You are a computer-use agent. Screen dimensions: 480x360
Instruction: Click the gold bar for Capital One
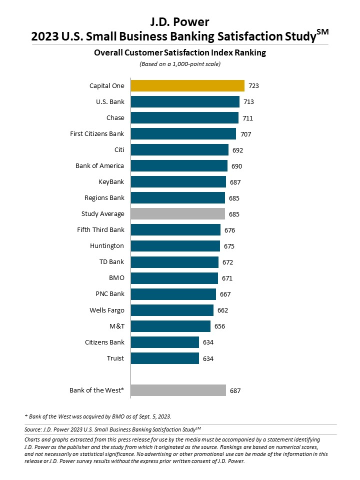[187, 85]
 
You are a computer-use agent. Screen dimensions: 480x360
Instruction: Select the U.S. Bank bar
[185, 102]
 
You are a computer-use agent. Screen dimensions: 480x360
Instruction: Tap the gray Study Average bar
[177, 214]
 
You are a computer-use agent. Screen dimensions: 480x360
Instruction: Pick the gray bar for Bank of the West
[178, 390]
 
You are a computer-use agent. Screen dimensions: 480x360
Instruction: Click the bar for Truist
[164, 358]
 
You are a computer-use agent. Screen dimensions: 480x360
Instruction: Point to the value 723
[253, 86]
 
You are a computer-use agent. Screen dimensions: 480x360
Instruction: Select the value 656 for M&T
[219, 326]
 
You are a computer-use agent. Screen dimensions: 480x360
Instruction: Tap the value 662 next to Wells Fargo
[222, 310]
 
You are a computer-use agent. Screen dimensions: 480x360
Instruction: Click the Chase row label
[115, 118]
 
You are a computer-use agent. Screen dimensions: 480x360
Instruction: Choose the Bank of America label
[99, 166]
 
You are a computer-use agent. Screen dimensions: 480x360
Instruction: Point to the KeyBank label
[111, 182]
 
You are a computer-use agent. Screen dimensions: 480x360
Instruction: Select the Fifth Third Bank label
[100, 230]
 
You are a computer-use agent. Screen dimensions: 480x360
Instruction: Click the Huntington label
[107, 246]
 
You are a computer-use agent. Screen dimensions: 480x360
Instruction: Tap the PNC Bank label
[109, 294]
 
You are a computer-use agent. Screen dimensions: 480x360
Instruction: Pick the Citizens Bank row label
[104, 342]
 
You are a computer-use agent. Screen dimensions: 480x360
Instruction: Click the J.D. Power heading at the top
[179, 21]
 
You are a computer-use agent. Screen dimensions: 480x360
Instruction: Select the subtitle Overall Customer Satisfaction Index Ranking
[179, 52]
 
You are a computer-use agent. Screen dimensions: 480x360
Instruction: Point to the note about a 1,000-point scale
[179, 64]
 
